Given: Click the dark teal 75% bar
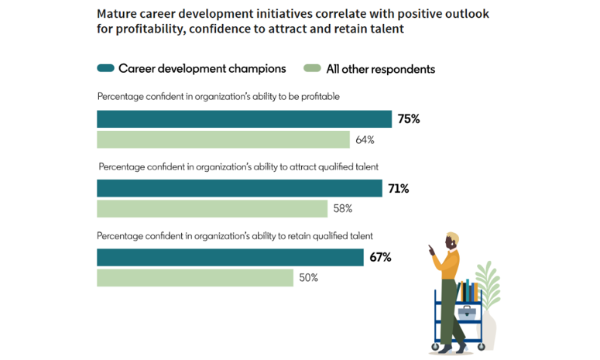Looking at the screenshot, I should pos(244,119).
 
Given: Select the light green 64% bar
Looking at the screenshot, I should pos(223,140).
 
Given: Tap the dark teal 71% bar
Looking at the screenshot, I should pos(239,188).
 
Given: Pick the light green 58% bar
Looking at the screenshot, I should pos(212,209).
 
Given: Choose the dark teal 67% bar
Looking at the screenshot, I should pos(230,257).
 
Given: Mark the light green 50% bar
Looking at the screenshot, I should pos(195,278).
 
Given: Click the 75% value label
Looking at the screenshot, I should pos(409,119).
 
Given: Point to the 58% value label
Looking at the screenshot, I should pos(343,209).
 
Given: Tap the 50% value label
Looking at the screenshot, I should pos(309,278).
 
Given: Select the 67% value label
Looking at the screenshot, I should pos(380,257).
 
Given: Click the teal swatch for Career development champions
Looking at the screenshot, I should pos(106,68).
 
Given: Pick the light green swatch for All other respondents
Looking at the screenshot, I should pos(313,69).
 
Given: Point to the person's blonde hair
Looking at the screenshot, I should pos(451,237).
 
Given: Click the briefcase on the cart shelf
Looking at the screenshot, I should pos(466,313).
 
